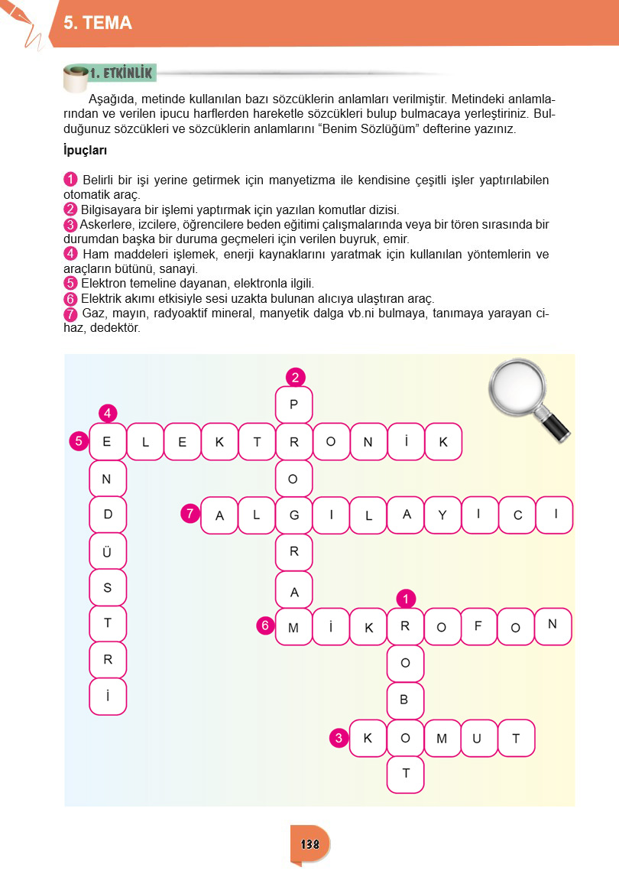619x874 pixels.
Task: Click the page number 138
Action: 309,844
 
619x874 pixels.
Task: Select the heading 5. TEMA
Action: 98,24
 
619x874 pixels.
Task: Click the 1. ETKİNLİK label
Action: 122,73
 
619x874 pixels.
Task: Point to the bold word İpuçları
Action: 85,150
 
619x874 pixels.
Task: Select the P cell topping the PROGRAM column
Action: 293,405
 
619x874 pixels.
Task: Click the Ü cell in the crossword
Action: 108,552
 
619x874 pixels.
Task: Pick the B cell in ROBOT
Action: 406,700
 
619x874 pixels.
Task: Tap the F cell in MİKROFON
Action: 479,626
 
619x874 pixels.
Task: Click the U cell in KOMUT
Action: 478,738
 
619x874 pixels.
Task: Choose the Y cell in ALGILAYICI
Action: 442,515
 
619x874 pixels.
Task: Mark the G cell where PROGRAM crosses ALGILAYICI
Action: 293,515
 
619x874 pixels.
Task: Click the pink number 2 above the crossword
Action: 296,376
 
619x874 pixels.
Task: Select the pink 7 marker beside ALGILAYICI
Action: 190,514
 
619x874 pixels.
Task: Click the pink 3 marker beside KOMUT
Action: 339,738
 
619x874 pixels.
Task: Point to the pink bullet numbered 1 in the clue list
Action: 70,180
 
